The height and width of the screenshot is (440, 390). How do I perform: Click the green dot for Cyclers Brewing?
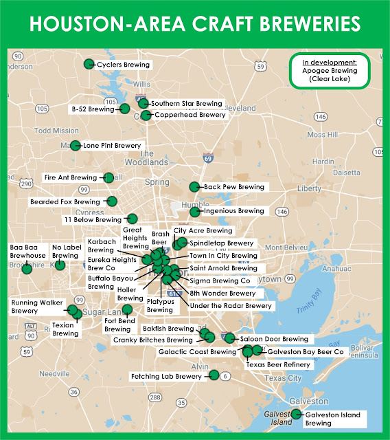coord(89,64)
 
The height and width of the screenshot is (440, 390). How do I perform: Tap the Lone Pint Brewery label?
coord(112,146)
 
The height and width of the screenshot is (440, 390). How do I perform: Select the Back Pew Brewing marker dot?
coord(194,186)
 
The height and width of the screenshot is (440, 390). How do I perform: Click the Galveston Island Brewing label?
coord(332,419)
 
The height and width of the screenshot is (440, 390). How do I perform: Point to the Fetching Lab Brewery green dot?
coord(214,375)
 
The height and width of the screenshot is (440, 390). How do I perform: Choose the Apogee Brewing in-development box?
coord(330,71)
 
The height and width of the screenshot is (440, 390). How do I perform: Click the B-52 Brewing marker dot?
coord(125,109)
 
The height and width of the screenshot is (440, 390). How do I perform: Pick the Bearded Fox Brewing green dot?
coord(112,201)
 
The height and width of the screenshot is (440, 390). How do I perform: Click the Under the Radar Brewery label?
coord(231,305)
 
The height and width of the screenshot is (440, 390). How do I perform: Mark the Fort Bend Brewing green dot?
coord(127,309)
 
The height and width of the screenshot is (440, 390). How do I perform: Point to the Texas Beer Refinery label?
coord(278,364)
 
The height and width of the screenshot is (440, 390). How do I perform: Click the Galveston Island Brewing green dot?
coord(296,414)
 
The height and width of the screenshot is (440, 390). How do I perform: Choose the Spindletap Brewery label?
coord(222,243)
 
